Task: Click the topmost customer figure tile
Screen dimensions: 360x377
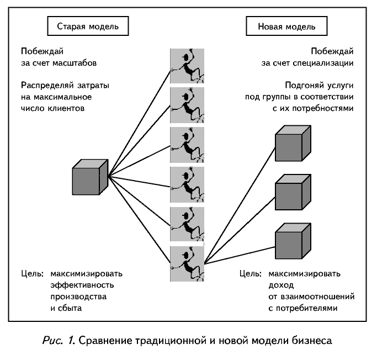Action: [x=187, y=66]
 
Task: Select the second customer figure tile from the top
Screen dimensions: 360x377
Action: [x=187, y=105]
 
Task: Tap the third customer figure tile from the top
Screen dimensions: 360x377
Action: [x=187, y=145]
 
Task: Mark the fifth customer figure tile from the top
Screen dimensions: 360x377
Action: [x=187, y=224]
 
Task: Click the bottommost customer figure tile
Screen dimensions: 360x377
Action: [x=187, y=263]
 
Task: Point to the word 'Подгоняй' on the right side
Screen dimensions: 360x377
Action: [x=304, y=86]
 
